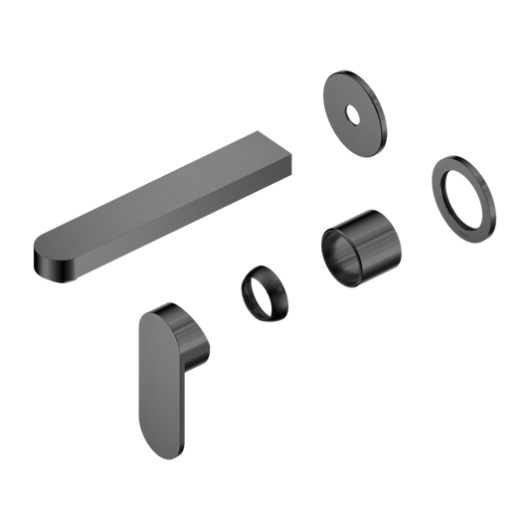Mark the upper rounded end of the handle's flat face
(x=154, y=316)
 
